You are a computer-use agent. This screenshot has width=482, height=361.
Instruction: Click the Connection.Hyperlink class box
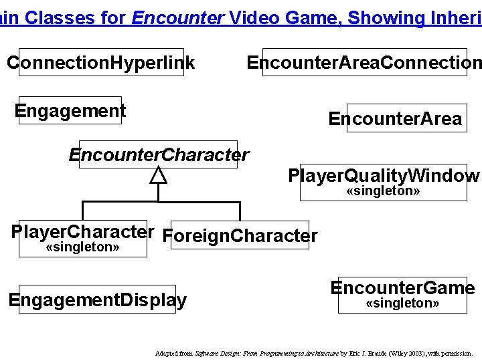[x=101, y=63]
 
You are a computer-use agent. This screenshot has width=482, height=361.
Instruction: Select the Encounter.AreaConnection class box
[x=364, y=63]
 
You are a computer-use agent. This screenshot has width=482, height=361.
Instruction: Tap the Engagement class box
[x=70, y=110]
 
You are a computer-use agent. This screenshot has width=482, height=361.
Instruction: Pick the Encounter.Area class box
[x=394, y=119]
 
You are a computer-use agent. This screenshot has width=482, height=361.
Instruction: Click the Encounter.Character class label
[x=159, y=155]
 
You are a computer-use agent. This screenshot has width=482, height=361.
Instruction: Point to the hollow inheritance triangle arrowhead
[x=158, y=175]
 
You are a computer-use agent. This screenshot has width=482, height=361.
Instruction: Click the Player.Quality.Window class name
[x=383, y=176]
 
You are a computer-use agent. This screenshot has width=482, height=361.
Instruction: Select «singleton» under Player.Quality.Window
[x=383, y=192]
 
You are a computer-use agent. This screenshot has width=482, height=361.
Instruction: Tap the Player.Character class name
[x=83, y=232]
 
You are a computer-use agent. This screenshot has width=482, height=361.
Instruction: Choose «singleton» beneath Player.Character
[x=82, y=248]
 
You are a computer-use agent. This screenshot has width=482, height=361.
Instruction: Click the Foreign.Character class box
[x=240, y=235]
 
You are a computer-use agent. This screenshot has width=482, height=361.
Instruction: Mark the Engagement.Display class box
[x=98, y=300]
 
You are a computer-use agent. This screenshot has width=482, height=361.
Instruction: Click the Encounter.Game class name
[x=402, y=288]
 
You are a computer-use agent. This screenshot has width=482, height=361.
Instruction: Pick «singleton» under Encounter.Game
[x=402, y=304]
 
